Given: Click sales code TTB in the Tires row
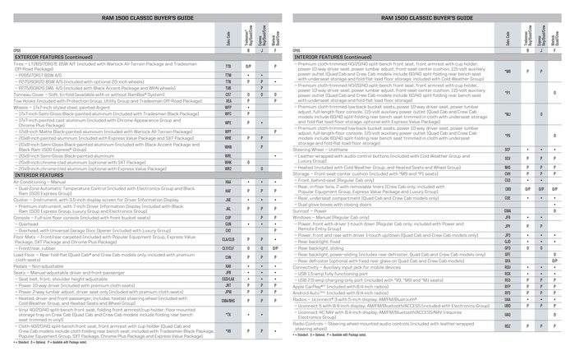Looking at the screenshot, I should [x=228, y=65].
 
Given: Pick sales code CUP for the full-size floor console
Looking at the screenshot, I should [x=228, y=217].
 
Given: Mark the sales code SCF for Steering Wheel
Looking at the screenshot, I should [x=508, y=150].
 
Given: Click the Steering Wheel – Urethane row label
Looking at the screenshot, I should [x=321, y=150].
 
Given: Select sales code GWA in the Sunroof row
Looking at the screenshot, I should [x=508, y=210].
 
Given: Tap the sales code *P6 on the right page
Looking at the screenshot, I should [x=508, y=135].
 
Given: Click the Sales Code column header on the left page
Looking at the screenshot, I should [x=228, y=40].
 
